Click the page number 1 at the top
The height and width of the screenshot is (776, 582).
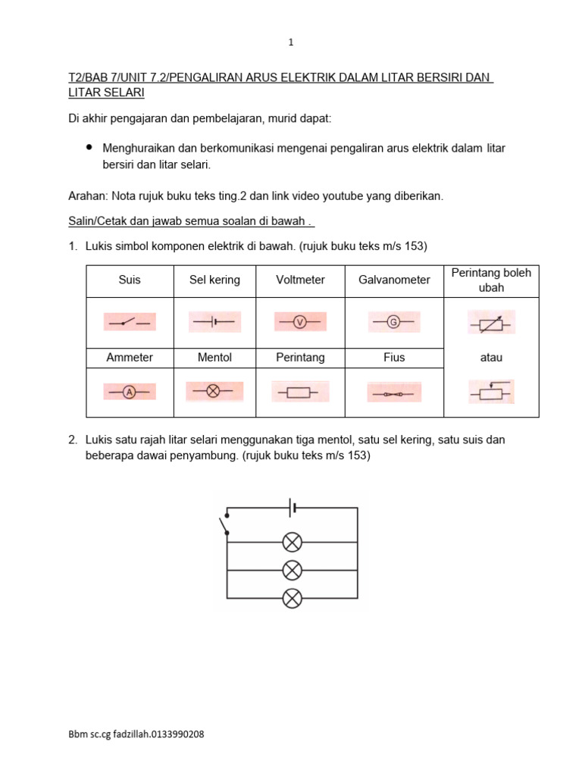(291, 43)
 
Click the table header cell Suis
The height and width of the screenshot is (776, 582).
(130, 280)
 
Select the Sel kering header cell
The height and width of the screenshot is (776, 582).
(214, 280)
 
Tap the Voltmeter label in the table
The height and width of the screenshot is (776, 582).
(301, 280)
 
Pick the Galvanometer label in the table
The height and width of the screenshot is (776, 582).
(394, 280)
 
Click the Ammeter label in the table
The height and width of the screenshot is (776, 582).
(130, 358)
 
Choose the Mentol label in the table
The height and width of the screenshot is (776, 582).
(214, 358)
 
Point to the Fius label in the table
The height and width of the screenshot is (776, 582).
(394, 358)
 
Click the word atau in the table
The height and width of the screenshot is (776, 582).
(491, 358)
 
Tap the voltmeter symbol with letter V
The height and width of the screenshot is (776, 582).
(299, 322)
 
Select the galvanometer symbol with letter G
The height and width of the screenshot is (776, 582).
(393, 322)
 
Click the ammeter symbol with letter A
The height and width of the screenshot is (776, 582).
(129, 392)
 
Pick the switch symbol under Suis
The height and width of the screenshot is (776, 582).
(130, 322)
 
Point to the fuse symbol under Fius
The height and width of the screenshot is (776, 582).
(393, 393)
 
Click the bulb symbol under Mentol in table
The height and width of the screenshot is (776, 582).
(214, 391)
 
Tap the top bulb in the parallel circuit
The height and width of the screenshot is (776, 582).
(292, 542)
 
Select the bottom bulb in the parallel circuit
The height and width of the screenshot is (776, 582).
(292, 598)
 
